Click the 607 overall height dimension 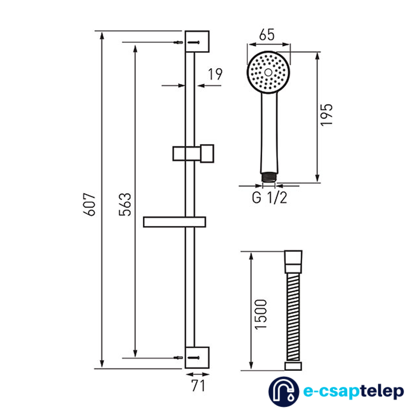tap(89, 204)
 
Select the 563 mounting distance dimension tap(125, 204)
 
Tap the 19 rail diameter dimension tap(215, 74)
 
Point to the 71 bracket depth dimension tap(198, 386)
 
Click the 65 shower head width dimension tap(267, 35)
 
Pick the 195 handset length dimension tap(326, 115)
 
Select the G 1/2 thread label tap(270, 198)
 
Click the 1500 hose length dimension tap(261, 315)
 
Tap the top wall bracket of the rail tap(197, 42)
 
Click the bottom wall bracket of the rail tap(197, 357)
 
